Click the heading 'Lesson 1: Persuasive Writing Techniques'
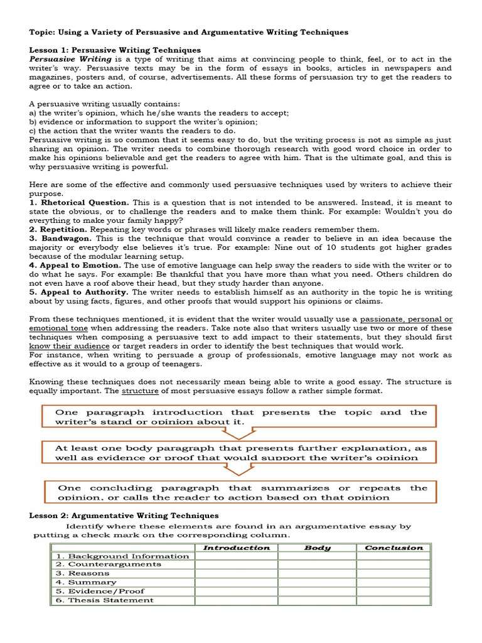pyautogui.click(x=115, y=50)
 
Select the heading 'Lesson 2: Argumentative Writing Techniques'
pyautogui.click(x=124, y=516)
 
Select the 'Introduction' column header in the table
pyautogui.click(x=237, y=548)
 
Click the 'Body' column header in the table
pyautogui.click(x=317, y=548)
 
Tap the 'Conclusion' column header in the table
pyautogui.click(x=394, y=548)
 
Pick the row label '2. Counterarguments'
pyautogui.click(x=109, y=564)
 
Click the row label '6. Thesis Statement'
pyautogui.click(x=105, y=600)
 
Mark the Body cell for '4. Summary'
pyautogui.click(x=317, y=582)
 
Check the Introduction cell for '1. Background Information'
pyautogui.click(x=237, y=556)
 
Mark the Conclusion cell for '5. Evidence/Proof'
pyautogui.click(x=394, y=591)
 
